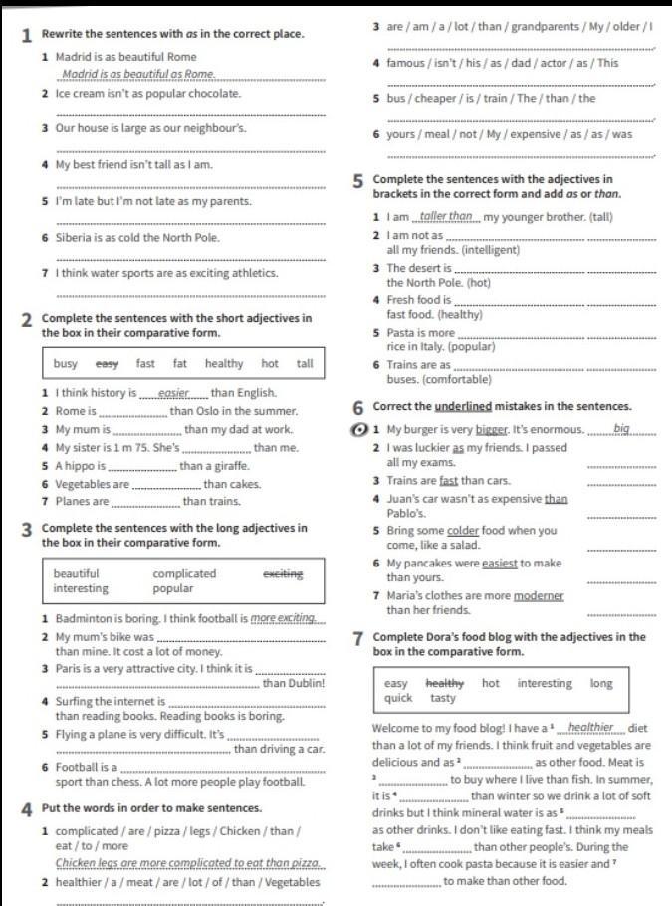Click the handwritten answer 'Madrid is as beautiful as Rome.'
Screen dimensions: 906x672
(138, 75)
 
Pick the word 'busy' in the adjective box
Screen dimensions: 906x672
(66, 364)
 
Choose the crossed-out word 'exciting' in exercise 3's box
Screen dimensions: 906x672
(283, 574)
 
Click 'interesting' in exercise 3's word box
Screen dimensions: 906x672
(81, 589)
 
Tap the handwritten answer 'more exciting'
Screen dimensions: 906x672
(289, 619)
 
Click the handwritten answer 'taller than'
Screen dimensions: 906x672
(446, 217)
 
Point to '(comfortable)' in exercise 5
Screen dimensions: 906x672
(457, 380)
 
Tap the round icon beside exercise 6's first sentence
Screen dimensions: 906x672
(360, 430)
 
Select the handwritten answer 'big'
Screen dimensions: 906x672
(622, 429)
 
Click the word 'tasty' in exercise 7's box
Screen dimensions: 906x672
(443, 699)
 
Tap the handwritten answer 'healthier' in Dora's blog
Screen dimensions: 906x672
(590, 728)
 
